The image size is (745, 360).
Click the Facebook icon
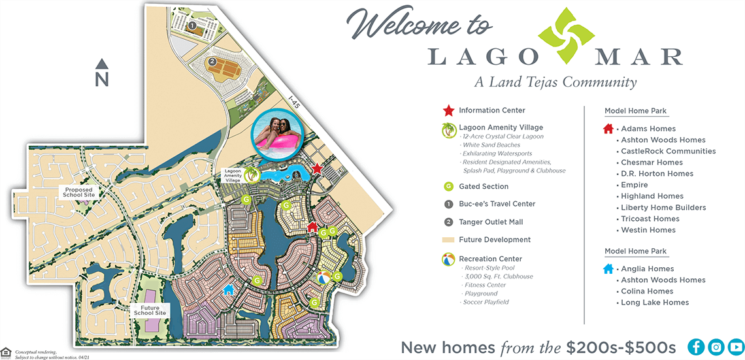tap(697, 347)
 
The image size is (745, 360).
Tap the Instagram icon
tap(716, 347)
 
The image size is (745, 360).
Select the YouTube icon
tap(736, 347)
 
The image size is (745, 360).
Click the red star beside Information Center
tap(448, 110)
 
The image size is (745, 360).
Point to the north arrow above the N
tap(101, 64)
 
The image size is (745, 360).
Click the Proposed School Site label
tap(79, 192)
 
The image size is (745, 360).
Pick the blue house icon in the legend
tap(608, 269)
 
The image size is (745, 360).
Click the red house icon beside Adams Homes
tap(608, 129)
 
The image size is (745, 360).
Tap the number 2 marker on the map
tap(212, 61)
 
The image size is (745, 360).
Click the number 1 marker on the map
tap(191, 25)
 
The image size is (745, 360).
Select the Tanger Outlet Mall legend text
tap(497, 222)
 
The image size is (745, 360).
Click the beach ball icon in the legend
tap(448, 259)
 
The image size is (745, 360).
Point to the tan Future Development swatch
tap(448, 240)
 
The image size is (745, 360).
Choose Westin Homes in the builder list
tap(648, 230)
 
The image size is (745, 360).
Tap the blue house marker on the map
tap(228, 289)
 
